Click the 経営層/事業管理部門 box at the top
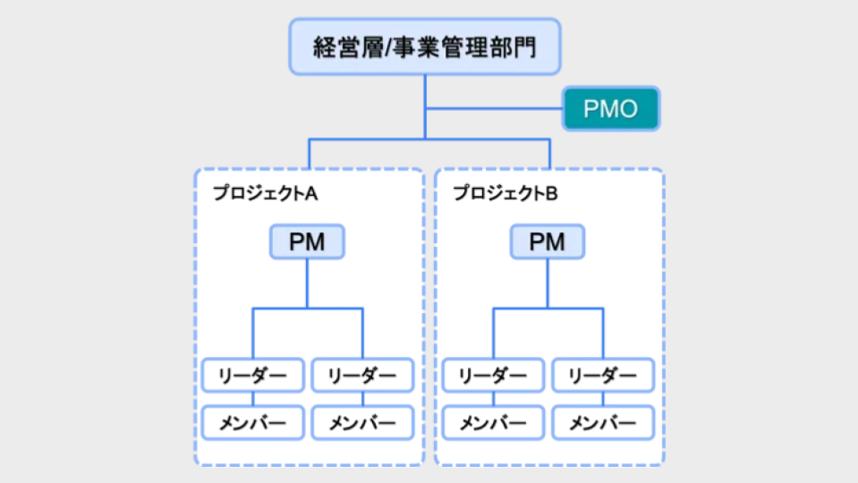click(x=425, y=47)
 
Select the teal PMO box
click(x=610, y=110)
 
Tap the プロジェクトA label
click(x=265, y=193)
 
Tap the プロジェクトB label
click(x=505, y=193)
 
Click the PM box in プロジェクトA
click(x=307, y=242)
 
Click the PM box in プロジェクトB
click(x=547, y=242)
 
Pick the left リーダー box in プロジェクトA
click(x=253, y=376)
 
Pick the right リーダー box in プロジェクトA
click(x=362, y=376)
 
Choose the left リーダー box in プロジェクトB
click(x=493, y=376)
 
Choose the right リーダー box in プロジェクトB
click(x=602, y=376)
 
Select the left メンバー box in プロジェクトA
click(x=253, y=422)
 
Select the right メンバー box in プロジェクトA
click(x=362, y=422)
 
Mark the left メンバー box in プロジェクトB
click(x=493, y=422)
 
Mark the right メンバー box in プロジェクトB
click(x=602, y=422)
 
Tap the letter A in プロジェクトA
click(x=311, y=193)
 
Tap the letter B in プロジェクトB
click(x=551, y=193)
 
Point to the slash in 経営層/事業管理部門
click(x=388, y=47)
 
